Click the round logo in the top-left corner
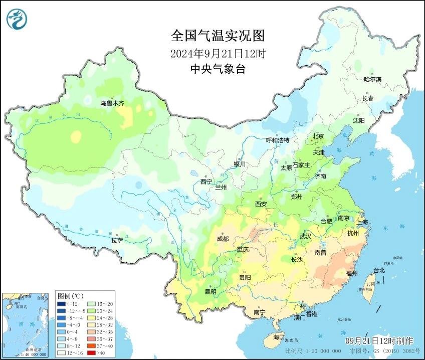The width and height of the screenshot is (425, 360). tap(16, 19)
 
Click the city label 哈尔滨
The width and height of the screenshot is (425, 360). tap(372, 79)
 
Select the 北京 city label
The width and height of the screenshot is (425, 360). tap(318, 136)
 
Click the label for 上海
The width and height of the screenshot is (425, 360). tap(362, 222)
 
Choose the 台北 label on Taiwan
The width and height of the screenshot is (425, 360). tap(379, 270)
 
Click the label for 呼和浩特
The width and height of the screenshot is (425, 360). tap(277, 140)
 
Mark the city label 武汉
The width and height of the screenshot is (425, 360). tap(305, 236)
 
